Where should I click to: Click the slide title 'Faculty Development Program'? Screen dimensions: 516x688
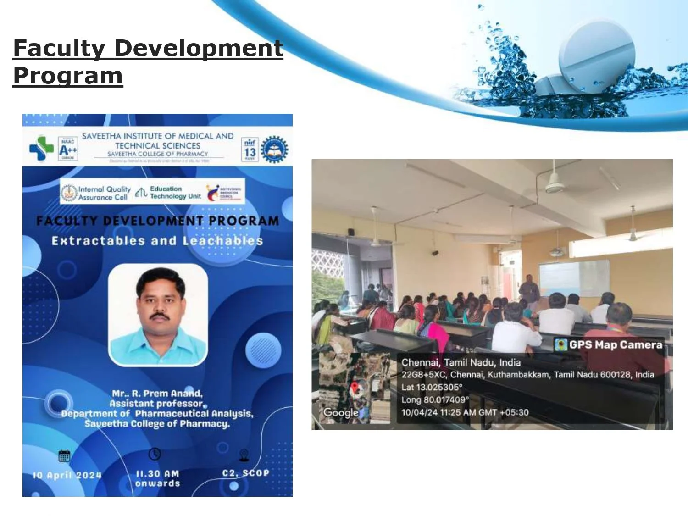click(148, 61)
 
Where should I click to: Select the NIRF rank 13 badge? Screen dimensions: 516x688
click(250, 150)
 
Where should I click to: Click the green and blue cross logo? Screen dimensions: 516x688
click(41, 148)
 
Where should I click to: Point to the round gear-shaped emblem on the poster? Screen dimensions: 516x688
click(274, 150)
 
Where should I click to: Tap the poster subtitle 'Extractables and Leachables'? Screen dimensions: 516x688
click(157, 241)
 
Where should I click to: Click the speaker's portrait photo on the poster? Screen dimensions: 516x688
click(158, 315)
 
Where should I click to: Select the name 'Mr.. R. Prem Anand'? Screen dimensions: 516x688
click(157, 394)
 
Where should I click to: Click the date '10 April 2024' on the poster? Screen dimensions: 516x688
click(67, 475)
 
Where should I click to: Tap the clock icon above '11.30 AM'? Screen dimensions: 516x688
click(155, 454)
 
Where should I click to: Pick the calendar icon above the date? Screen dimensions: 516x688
click(64, 456)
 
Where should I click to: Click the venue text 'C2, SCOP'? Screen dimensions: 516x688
click(246, 473)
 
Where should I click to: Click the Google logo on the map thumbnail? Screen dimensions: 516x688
click(340, 412)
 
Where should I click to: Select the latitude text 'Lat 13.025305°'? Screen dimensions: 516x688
click(432, 387)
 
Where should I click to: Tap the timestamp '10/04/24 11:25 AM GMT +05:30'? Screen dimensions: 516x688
click(465, 412)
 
